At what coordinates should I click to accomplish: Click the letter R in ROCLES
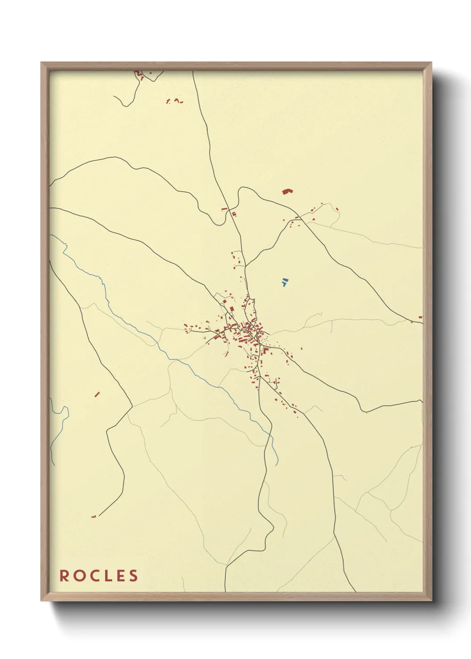pos(65,576)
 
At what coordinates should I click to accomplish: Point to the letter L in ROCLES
pos(107,576)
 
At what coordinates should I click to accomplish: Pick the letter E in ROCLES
pos(120,576)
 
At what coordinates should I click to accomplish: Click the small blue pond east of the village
pos(284,282)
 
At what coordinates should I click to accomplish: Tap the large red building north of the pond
pos(288,191)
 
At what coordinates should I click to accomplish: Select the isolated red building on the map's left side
pos(97,394)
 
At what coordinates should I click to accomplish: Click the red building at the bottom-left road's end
pos(93,517)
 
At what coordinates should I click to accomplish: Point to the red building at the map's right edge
pos(420,317)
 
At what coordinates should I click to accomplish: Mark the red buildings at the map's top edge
pos(139,74)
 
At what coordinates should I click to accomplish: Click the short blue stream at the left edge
pos(57,436)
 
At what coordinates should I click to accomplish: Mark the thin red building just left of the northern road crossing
pos(224,208)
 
